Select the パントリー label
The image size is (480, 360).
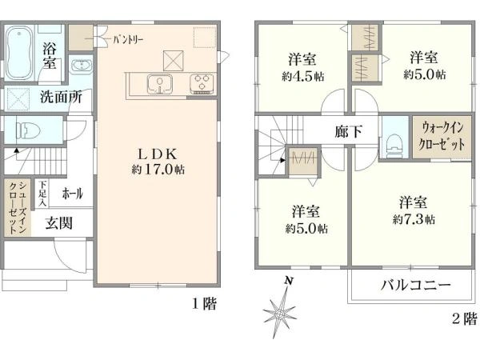click(128, 37)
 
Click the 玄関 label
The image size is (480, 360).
click(58, 222)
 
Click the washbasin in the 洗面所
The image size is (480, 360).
click(81, 66)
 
